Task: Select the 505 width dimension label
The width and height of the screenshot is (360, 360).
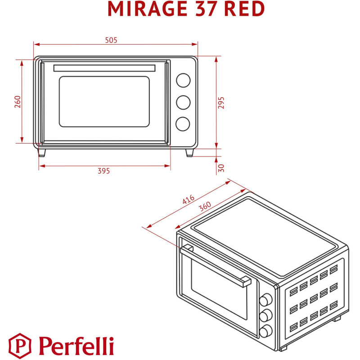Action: [111, 40]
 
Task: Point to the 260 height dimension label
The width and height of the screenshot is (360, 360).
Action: [17, 102]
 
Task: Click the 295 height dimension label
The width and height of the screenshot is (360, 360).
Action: [221, 103]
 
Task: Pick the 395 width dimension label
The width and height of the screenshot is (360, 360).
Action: [104, 171]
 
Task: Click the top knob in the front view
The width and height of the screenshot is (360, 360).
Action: [183, 80]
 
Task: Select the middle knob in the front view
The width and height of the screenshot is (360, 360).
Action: [183, 102]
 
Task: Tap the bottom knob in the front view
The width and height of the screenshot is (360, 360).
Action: [183, 124]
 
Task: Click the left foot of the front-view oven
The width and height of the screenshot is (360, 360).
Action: [42, 153]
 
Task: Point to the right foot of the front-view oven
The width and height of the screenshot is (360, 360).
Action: [190, 153]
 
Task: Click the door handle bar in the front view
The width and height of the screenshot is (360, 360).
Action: [104, 68]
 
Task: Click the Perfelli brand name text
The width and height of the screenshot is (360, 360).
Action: [76, 346]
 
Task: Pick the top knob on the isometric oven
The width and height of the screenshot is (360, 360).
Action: [266, 299]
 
